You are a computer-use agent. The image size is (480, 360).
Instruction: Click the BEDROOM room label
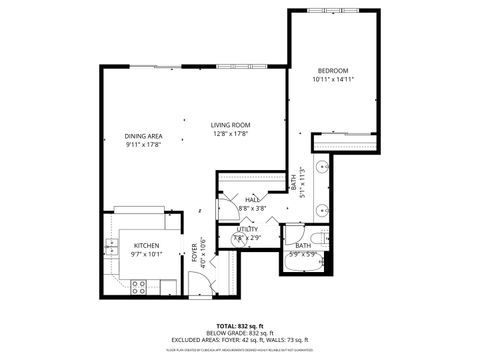click(333, 70)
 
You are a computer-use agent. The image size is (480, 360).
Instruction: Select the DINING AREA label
click(144, 136)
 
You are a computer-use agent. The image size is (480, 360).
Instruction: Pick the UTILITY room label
click(247, 230)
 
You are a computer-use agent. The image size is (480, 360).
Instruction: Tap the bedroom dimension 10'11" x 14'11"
click(333, 79)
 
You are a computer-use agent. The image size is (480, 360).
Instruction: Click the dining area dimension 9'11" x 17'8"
click(144, 145)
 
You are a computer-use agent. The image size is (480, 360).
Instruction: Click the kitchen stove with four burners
click(138, 286)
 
